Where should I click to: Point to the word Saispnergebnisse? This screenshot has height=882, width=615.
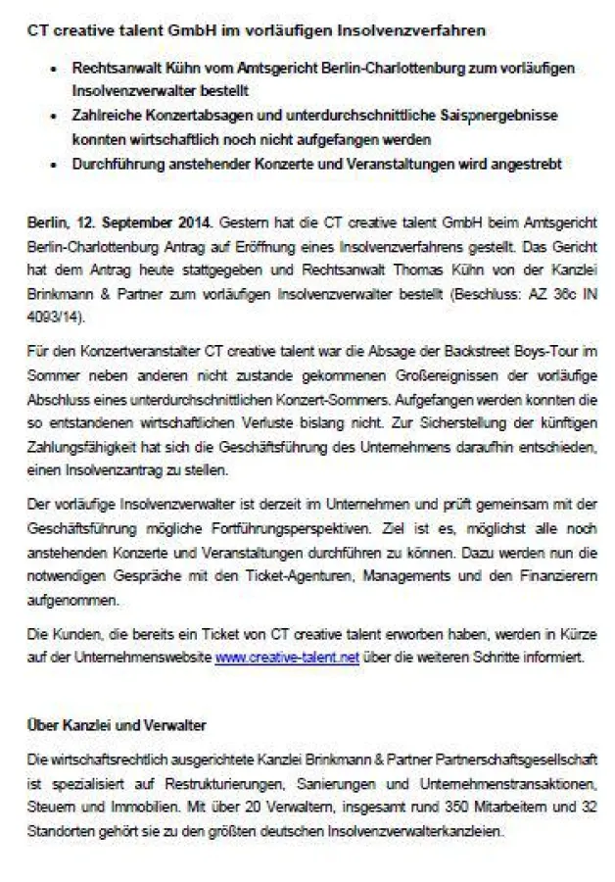[x=498, y=116]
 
